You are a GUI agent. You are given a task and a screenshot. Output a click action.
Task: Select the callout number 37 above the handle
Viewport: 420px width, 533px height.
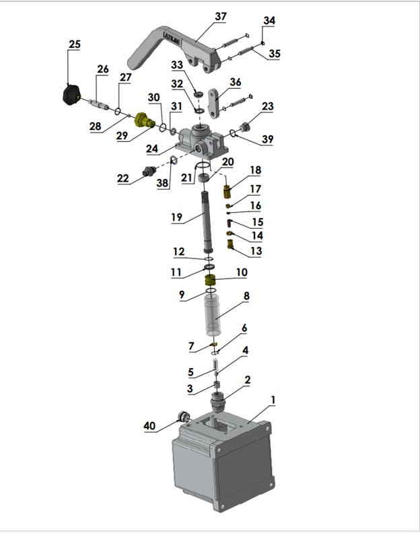coord(220,16)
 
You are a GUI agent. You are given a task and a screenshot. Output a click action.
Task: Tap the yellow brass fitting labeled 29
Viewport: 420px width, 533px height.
coord(145,120)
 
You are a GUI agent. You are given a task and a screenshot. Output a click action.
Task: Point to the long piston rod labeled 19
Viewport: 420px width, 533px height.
coord(207,222)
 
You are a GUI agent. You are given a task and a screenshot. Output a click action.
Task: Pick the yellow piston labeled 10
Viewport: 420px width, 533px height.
coord(211,281)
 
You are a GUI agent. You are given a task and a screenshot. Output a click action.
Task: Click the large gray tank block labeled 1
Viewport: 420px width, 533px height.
coord(223,460)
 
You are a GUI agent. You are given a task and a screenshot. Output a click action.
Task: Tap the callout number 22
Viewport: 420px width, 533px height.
coord(123,178)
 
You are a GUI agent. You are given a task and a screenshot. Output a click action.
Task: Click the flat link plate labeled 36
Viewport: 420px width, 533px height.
coord(213,104)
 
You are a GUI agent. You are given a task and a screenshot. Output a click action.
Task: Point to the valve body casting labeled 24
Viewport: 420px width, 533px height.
coord(201,143)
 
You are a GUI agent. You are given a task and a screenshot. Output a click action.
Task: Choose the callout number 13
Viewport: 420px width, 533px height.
coord(256,251)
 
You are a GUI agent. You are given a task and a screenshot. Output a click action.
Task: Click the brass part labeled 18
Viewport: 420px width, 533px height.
coord(228,192)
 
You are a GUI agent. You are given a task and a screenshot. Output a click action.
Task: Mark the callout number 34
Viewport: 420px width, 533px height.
coord(269,20)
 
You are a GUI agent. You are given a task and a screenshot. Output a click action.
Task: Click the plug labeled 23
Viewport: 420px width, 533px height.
coord(244,127)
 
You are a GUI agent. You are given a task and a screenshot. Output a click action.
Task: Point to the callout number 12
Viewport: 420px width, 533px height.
coord(179,252)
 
